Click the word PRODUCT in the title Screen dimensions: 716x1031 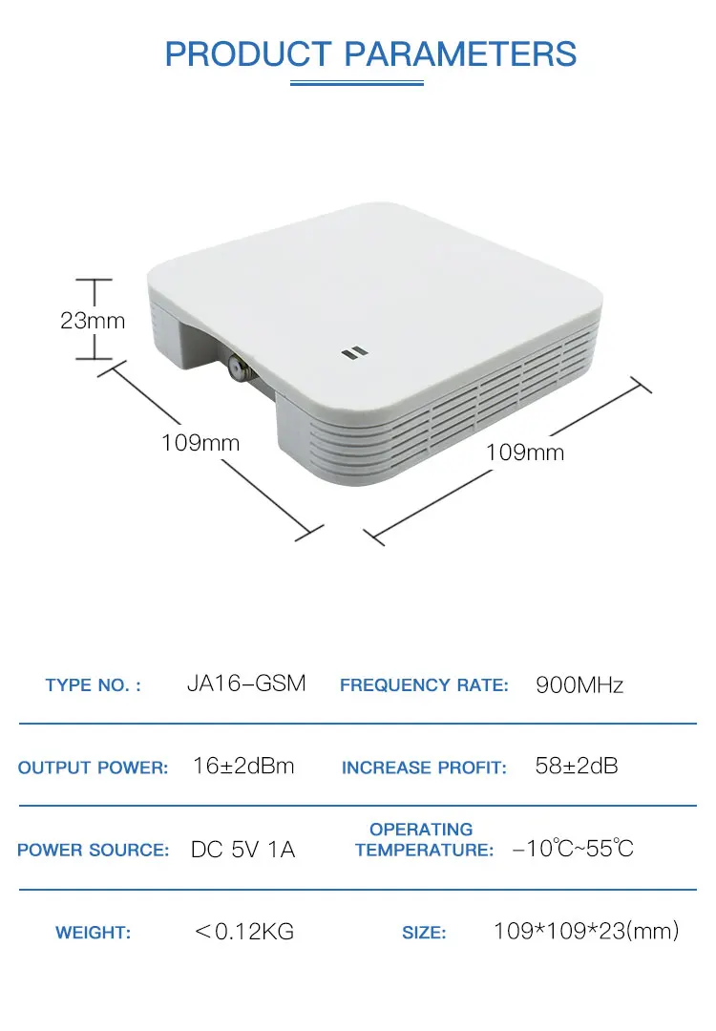[248, 53]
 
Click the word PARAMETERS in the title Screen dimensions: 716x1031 [460, 53]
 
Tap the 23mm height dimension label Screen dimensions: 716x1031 [93, 320]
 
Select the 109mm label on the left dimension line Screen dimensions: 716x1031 [200, 443]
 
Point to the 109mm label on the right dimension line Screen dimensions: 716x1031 [525, 452]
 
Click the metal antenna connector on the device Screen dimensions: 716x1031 [236, 366]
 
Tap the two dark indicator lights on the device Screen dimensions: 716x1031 [355, 353]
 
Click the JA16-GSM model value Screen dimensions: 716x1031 [246, 684]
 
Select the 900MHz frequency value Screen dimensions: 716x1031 [579, 685]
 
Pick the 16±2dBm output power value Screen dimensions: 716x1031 [243, 766]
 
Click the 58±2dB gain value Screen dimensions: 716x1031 [577, 766]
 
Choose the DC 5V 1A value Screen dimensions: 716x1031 [242, 850]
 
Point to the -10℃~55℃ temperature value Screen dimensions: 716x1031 [574, 849]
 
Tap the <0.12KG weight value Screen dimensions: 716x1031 [244, 931]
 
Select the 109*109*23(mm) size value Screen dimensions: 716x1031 [586, 931]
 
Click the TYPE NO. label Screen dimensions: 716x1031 [94, 685]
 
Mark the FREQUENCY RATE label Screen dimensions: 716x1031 [424, 685]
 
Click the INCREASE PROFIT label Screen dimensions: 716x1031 [424, 768]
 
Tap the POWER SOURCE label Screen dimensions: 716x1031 [94, 850]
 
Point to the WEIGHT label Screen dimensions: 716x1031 [94, 933]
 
